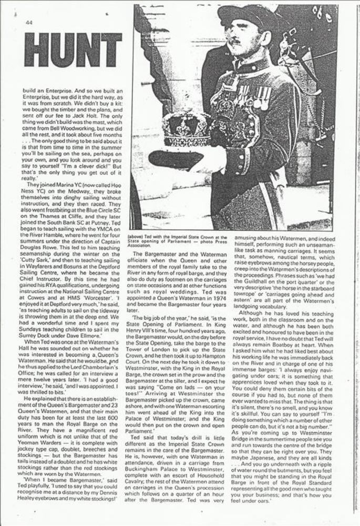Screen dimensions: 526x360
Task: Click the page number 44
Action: tap(29, 22)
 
